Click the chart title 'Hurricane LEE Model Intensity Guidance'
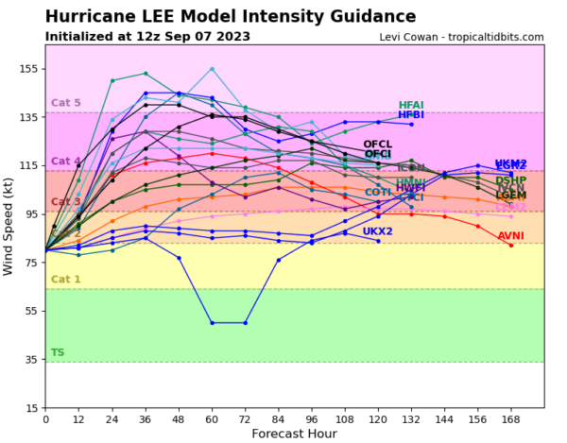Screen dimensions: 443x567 tap(231, 16)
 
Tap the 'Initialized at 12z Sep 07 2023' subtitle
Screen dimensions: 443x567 tap(147, 36)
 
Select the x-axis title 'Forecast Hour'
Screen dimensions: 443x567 tap(294, 434)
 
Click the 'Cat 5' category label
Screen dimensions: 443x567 tap(65, 103)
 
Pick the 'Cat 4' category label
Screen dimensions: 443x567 tap(65, 162)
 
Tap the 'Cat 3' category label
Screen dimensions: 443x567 tap(65, 201)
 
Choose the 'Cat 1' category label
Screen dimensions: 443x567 tap(65, 279)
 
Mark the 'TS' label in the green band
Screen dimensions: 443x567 tap(58, 352)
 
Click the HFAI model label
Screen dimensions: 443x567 tap(411, 106)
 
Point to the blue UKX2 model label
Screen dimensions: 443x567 tap(377, 231)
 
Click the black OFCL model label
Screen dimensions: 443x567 tap(377, 145)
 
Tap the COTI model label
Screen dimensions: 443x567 tap(378, 193)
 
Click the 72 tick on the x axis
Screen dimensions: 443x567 tap(246, 418)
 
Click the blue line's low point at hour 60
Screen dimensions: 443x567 tap(212, 323)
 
